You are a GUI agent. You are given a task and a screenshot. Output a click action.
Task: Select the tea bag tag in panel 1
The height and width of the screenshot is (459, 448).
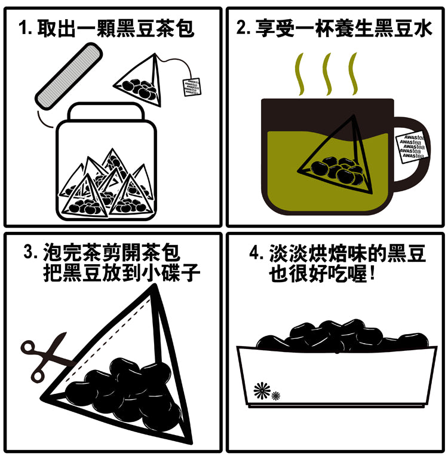click(x=192, y=87)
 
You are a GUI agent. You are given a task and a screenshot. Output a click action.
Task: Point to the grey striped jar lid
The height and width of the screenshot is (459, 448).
click(x=69, y=76)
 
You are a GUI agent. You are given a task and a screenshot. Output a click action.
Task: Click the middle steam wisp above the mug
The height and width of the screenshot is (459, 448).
click(x=327, y=74)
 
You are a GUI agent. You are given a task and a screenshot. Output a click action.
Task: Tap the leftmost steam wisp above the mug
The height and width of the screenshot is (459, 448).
click(x=300, y=74)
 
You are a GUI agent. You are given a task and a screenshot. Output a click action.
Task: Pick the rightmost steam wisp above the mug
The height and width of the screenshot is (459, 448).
click(x=354, y=74)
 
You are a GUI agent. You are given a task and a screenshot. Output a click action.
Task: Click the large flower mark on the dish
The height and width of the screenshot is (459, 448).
click(x=262, y=390)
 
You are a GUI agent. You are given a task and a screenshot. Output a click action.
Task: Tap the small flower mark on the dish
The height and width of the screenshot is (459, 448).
click(x=275, y=396)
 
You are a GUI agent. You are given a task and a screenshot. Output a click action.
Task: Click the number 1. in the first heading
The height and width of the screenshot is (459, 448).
click(x=25, y=29)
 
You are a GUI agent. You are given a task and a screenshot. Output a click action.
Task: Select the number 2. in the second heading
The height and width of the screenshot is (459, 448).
click(x=244, y=28)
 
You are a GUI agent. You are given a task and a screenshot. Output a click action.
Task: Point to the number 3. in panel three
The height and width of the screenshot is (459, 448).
click(x=30, y=252)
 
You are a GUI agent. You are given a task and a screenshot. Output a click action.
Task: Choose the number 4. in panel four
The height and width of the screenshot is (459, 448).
click(x=257, y=252)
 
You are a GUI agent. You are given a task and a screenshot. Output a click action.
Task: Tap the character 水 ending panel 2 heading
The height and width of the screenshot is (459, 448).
click(x=422, y=28)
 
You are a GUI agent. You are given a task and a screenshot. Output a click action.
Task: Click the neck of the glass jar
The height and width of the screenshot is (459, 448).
click(x=106, y=112)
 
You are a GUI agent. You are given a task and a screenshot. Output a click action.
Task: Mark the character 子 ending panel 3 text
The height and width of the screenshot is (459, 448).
click(x=190, y=273)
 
